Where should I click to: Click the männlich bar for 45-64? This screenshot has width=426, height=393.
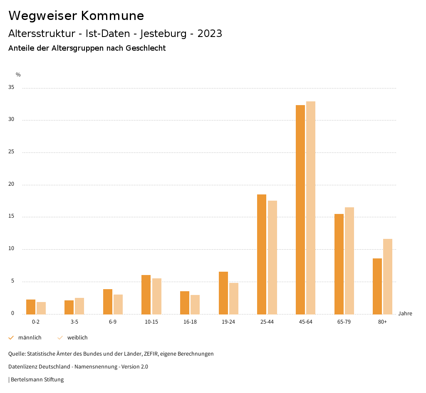point(300,210)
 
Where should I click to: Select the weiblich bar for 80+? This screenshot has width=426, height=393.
point(388,277)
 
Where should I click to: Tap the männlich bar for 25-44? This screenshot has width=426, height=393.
point(262,254)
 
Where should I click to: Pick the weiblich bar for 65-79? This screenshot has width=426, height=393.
point(349,261)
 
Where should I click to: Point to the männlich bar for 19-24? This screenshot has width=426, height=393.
point(223,293)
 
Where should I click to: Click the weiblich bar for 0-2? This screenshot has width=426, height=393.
point(41,308)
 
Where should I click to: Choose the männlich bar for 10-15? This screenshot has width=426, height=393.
point(146,295)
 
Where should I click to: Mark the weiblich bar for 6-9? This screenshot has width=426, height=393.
point(118,304)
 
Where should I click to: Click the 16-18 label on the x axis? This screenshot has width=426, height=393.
point(190,322)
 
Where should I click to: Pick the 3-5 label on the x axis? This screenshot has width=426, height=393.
point(74,322)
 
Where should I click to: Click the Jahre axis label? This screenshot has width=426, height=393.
point(405,314)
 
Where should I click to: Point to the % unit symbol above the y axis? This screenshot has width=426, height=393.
point(18,75)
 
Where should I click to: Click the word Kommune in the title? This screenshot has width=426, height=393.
point(112,16)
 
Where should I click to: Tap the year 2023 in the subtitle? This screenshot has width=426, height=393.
point(210,34)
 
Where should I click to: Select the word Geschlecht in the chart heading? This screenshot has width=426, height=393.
point(146,48)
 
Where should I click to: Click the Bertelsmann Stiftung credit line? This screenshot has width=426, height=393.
point(37,380)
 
